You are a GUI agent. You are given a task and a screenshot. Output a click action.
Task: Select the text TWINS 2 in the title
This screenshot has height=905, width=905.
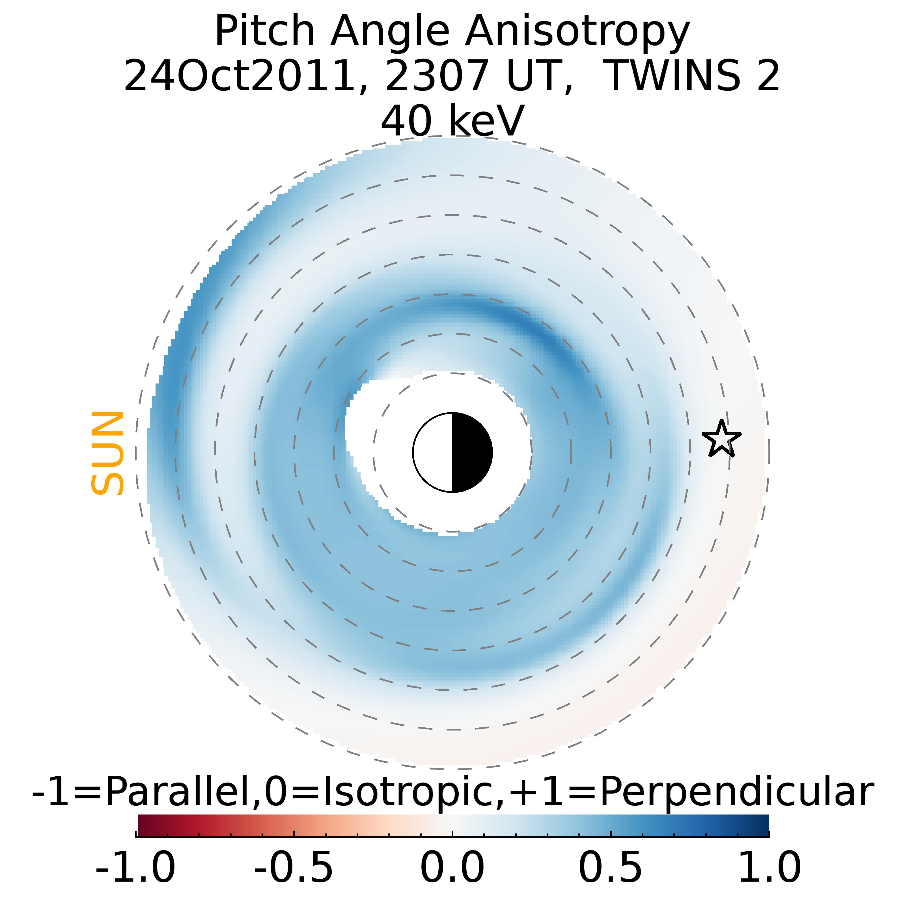[693, 76]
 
